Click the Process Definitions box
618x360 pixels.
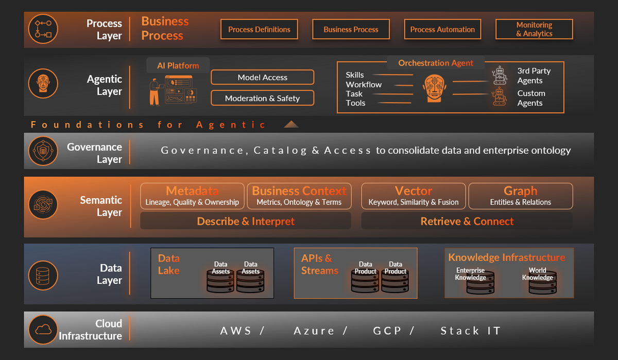pos(259,29)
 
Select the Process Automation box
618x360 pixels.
pos(442,29)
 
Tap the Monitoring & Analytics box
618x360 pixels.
pos(534,29)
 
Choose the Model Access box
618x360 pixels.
pos(262,77)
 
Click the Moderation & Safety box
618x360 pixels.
pos(262,98)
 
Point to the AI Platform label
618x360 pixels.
pos(178,65)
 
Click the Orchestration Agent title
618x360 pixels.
pos(436,63)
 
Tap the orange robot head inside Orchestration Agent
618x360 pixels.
pos(435,88)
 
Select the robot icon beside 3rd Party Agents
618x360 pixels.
pos(500,75)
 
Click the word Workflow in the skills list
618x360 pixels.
pos(364,84)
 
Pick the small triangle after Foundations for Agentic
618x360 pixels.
pos(291,124)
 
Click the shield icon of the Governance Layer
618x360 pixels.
pos(43,151)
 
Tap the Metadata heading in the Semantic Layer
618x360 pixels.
pos(192,191)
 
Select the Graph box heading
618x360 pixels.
pos(520,191)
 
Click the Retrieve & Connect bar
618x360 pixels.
pos(467,221)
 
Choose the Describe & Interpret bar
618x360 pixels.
pos(246,221)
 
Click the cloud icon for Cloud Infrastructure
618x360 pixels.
pos(43,330)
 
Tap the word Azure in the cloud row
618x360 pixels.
pos(314,331)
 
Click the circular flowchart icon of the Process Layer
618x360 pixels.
pos(43,29)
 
